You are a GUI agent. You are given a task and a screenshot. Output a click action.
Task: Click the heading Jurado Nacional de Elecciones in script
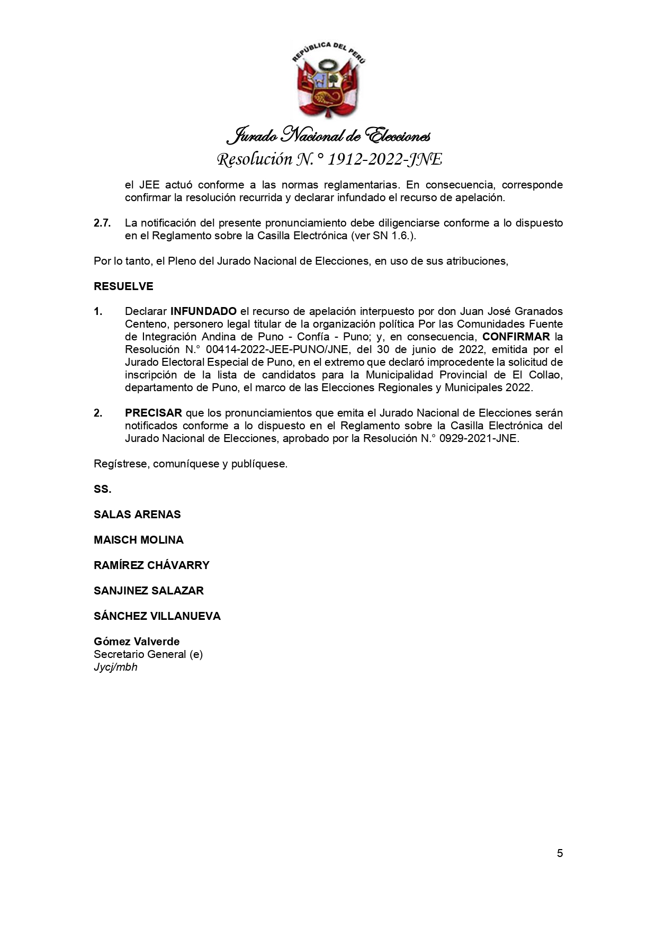(328, 136)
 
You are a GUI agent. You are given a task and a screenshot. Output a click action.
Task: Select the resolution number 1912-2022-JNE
(384, 159)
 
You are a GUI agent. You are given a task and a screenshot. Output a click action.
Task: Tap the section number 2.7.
(102, 223)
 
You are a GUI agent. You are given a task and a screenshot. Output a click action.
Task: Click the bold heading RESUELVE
(123, 286)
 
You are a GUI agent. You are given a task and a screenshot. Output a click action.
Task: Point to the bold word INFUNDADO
(203, 311)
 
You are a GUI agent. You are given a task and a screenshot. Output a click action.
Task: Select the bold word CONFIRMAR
(516, 337)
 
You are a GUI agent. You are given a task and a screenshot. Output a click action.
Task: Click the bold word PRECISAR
(154, 413)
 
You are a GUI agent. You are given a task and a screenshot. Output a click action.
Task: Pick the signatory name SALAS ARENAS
(137, 515)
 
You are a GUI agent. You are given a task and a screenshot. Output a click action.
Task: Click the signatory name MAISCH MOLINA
(139, 540)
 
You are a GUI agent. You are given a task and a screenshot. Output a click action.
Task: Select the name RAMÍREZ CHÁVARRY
(151, 565)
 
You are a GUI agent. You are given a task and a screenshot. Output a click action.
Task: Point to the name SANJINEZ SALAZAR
(149, 591)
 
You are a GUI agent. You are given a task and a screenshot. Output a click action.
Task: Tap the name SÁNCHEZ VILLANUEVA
(157, 616)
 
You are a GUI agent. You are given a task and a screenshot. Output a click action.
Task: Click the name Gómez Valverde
(137, 642)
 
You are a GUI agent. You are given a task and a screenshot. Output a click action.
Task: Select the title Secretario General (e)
(148, 654)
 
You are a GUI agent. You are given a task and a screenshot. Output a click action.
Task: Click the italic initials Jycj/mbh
(115, 667)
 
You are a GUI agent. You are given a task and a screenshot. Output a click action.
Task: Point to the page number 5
(560, 853)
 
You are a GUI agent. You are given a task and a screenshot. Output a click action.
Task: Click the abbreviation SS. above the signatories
(103, 489)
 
